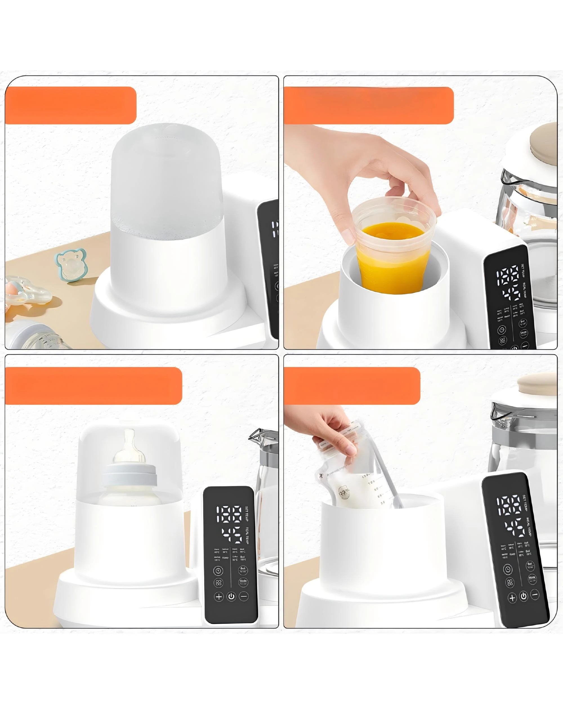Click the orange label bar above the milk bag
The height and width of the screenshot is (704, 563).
(x=352, y=386)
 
